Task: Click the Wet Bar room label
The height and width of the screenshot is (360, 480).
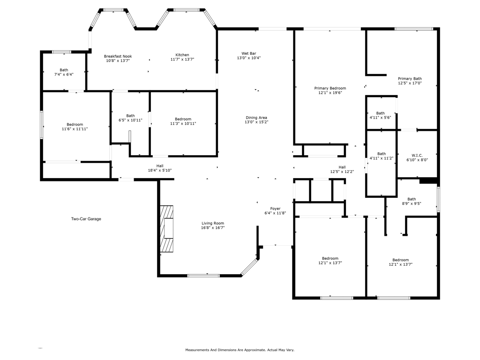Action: point(248,53)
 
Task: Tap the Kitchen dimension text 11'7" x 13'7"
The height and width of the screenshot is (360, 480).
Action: point(182,60)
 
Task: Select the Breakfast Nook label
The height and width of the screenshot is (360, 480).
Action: point(118,56)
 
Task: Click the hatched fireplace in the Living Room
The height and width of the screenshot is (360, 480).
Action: point(167,229)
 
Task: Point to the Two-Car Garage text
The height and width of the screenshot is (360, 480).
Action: point(86,219)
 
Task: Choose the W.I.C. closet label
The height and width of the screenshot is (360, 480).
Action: point(417,155)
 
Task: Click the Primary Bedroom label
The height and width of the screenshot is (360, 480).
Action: point(330,88)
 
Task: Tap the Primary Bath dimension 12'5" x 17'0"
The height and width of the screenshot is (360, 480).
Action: point(410,83)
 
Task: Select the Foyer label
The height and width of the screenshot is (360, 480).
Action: point(275,209)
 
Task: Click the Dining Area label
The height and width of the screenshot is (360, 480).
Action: point(256,118)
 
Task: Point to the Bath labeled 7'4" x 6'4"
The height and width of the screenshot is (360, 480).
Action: point(64,70)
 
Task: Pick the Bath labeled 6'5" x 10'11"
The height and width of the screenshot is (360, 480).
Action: point(130,116)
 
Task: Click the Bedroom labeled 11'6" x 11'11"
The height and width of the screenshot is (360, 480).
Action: point(75,125)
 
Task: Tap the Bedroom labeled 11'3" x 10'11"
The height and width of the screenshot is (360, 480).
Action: point(183,119)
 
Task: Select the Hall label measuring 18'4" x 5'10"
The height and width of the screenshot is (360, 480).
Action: point(160,165)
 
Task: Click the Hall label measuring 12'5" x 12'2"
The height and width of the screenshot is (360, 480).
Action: point(342,167)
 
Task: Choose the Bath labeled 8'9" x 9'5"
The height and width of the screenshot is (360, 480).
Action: point(411,199)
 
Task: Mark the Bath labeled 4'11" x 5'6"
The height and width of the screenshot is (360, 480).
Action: point(380,113)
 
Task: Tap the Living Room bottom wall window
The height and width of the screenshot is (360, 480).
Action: point(203,276)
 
